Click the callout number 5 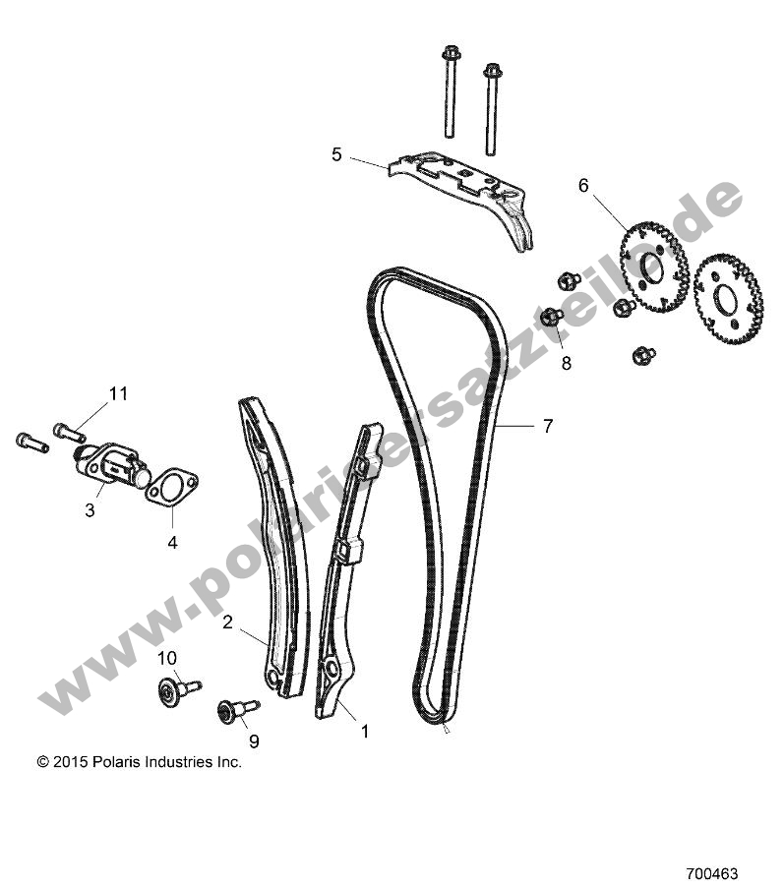point(336,154)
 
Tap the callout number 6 point(610,185)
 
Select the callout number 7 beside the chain point(547,426)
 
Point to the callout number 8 point(565,362)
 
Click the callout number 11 point(118,393)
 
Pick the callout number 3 point(90,509)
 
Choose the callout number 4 point(172,541)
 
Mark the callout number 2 point(227,622)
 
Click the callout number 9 point(253,741)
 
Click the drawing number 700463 point(711,872)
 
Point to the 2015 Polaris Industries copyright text point(139,761)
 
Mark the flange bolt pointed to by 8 point(552,317)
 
